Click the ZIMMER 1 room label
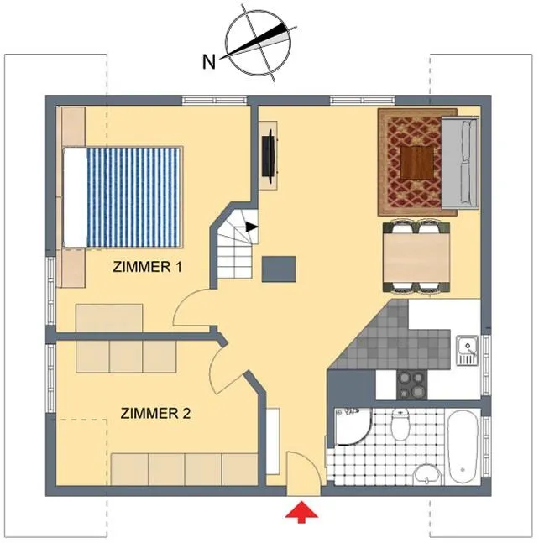click(x=147, y=267)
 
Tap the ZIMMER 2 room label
click(x=155, y=413)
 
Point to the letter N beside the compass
click(x=209, y=62)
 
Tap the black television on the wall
click(x=269, y=156)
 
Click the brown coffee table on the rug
click(x=417, y=163)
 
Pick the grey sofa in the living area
click(x=460, y=163)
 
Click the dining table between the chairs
click(x=416, y=257)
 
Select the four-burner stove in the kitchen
click(x=411, y=385)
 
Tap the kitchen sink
click(x=467, y=350)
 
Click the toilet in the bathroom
click(x=400, y=424)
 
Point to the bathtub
click(x=463, y=446)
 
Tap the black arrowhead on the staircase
click(x=251, y=227)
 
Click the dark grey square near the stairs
click(x=279, y=269)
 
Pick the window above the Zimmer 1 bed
click(x=215, y=101)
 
